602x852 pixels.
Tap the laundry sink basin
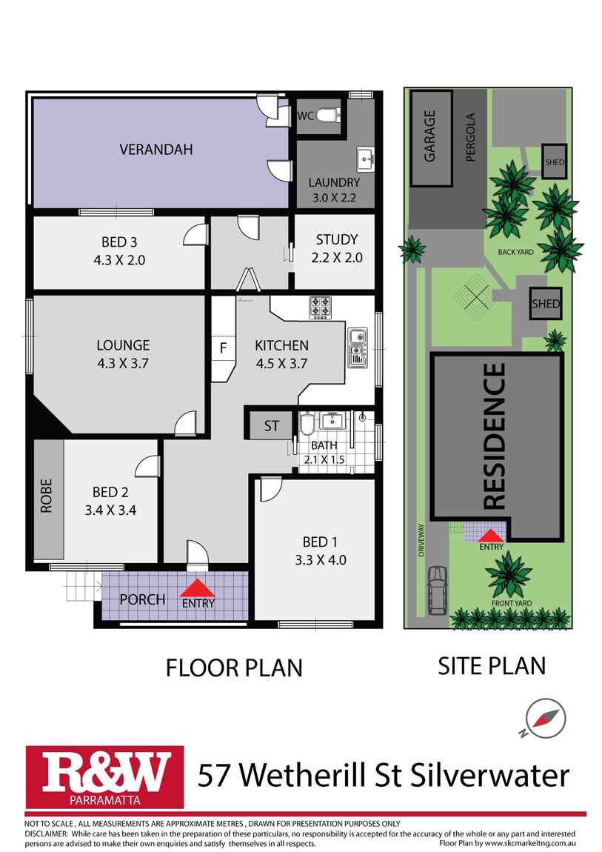365,158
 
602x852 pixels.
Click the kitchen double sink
358,347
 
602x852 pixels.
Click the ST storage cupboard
271,426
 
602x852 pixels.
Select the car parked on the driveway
437,590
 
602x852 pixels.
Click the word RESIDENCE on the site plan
494,436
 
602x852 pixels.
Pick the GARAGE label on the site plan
430,138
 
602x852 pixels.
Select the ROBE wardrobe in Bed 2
48,500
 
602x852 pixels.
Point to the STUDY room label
336,239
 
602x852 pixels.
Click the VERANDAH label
156,150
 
